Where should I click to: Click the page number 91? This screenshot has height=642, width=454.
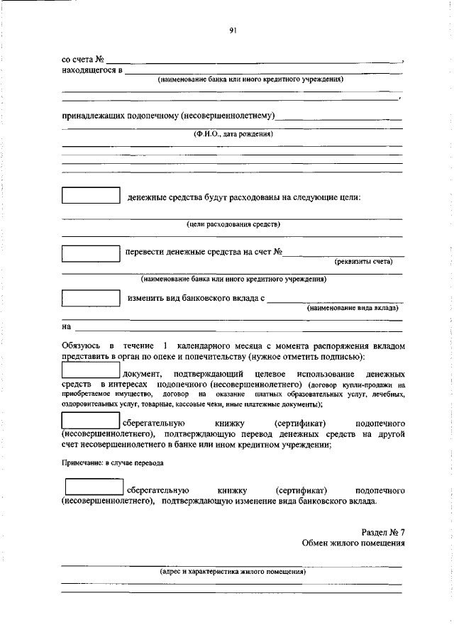point(232,30)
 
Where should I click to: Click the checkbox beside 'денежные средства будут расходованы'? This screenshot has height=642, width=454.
point(91,196)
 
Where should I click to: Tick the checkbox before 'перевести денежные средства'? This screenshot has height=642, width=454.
point(91,253)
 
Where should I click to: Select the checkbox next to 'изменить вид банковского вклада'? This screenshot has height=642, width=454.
point(91,298)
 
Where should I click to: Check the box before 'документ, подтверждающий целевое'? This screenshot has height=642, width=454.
point(91,370)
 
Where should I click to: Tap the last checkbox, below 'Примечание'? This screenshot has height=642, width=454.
point(94,487)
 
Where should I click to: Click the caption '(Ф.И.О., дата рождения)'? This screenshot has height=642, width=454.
point(232,133)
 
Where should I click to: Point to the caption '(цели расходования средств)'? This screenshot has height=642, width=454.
point(233,224)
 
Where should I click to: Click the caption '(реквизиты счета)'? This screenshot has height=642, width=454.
point(363,261)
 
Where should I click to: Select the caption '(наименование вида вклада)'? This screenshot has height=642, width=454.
point(353,308)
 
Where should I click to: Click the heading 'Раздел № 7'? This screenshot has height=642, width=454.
point(383,531)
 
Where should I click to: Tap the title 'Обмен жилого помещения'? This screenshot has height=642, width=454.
point(353,544)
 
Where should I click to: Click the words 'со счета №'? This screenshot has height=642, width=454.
point(84,60)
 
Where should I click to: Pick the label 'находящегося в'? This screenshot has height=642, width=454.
point(92,71)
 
